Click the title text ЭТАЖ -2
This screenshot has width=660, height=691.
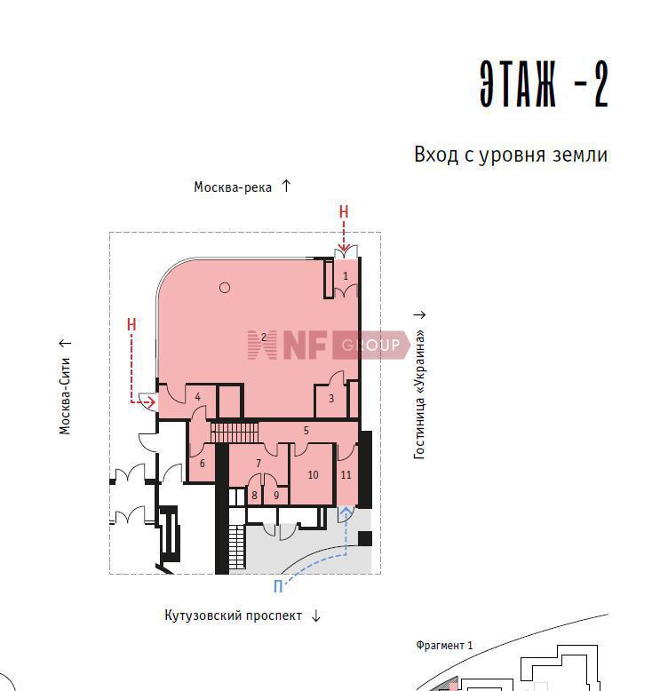pyautogui.click(x=544, y=83)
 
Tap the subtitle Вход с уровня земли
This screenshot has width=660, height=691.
pyautogui.click(x=511, y=155)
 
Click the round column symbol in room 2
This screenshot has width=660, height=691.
pyautogui.click(x=225, y=288)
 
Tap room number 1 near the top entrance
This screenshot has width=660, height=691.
pyautogui.click(x=346, y=276)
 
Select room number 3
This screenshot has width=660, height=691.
pyautogui.click(x=331, y=399)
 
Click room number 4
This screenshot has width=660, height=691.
pyautogui.click(x=197, y=397)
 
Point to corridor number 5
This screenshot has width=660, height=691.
pyautogui.click(x=306, y=431)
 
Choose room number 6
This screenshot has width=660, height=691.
pyautogui.click(x=202, y=463)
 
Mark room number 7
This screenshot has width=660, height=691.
pyautogui.click(x=258, y=463)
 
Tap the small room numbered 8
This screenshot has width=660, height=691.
pyautogui.click(x=254, y=496)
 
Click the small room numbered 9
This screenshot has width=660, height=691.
pyautogui.click(x=276, y=496)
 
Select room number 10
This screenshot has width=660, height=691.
pyautogui.click(x=313, y=474)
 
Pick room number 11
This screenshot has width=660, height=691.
pyautogui.click(x=346, y=474)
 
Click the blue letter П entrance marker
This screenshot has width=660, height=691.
pyautogui.click(x=278, y=587)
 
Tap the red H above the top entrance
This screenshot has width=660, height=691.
pyautogui.click(x=344, y=212)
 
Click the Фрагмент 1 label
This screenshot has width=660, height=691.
pyautogui.click(x=444, y=646)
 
